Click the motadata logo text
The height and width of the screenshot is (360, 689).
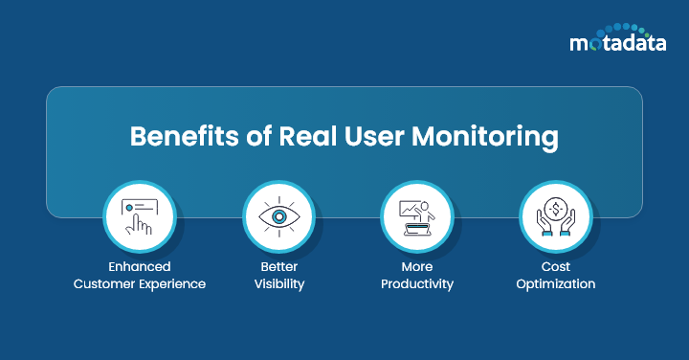[x=615, y=42]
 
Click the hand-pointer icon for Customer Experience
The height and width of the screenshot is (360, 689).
[x=140, y=217]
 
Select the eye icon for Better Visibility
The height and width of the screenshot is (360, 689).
[x=278, y=217]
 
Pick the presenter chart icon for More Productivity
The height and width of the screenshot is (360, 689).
[x=417, y=217]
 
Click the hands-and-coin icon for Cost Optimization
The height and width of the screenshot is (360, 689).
[x=556, y=217]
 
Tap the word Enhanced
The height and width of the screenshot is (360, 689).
[x=140, y=267]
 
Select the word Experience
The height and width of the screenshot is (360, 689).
[x=172, y=284]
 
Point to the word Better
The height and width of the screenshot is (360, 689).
[x=278, y=267]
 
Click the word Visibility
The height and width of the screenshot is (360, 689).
[x=278, y=284]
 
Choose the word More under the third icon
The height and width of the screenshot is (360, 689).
[x=417, y=267]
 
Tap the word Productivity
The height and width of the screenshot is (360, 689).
[x=417, y=284]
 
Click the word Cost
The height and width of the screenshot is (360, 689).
[x=556, y=267]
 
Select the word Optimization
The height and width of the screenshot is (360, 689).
[x=556, y=284]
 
